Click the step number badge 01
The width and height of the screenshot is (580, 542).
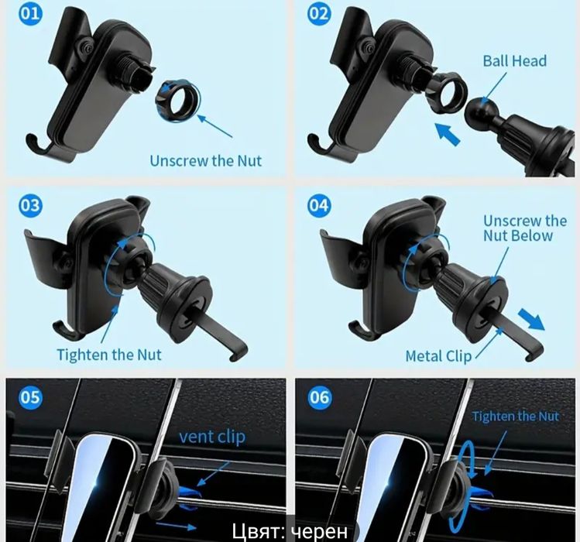tap(31, 13)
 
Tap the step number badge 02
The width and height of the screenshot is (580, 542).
tap(319, 13)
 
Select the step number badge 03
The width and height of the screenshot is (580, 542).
tap(31, 204)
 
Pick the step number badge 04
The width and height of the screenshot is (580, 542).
tap(319, 204)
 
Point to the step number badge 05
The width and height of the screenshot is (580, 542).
tap(31, 397)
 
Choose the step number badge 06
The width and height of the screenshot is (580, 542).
tap(319, 397)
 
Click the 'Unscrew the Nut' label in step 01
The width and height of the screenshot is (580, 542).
tap(206, 161)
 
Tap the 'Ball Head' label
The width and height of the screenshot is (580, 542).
tap(514, 61)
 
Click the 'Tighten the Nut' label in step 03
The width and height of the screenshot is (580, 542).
tap(109, 355)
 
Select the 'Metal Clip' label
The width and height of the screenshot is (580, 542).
tap(439, 356)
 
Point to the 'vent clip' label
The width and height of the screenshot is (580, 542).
tap(212, 437)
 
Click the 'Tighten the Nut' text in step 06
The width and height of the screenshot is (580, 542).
tap(515, 417)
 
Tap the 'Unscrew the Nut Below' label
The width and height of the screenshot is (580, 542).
tap(525, 228)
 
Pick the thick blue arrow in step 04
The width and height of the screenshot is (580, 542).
tap(531, 319)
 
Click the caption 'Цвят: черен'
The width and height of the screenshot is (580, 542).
tap(290, 531)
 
